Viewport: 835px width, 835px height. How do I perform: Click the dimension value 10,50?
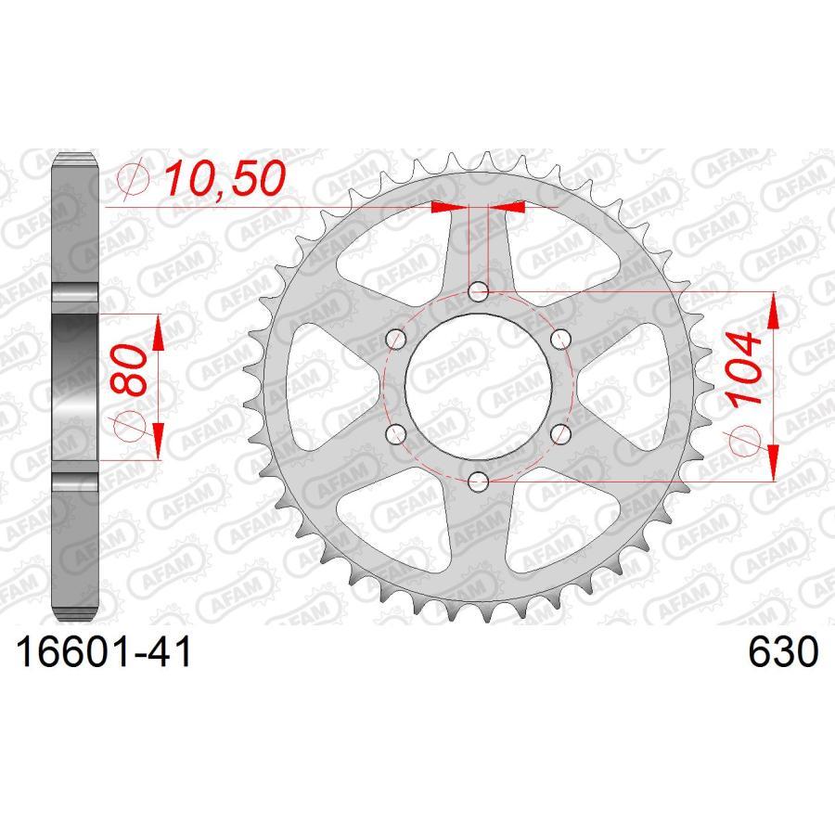(222, 178)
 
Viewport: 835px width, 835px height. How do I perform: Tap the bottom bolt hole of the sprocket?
(478, 481)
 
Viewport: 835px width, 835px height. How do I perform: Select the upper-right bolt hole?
(559, 340)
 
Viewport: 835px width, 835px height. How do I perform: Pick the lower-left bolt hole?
(396, 433)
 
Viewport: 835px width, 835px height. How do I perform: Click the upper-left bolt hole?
(396, 340)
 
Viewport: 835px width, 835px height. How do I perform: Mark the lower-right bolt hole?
(559, 433)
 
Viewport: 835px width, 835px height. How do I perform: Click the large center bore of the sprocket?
(478, 387)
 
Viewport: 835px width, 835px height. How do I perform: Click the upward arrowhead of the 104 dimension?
(771, 312)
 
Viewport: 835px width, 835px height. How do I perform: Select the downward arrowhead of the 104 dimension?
(771, 464)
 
